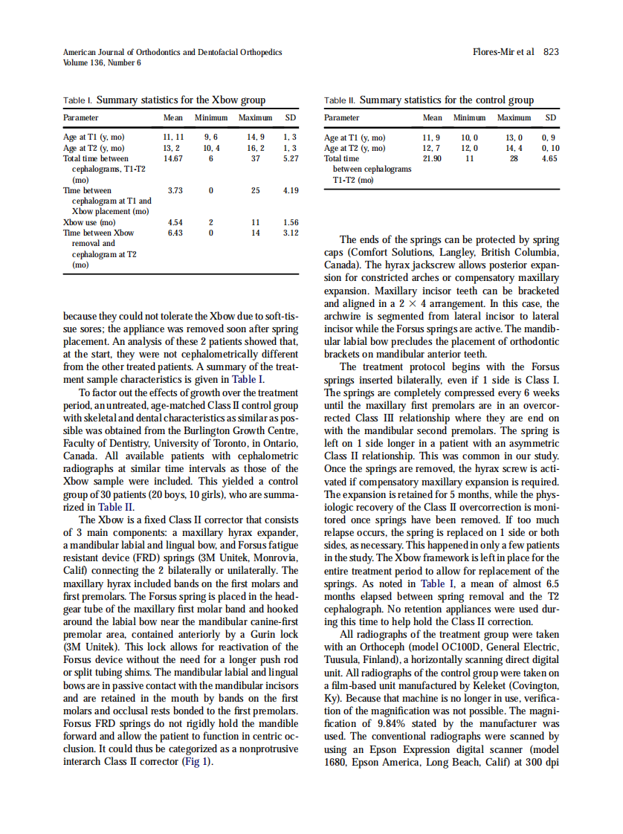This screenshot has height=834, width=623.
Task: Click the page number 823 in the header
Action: tap(551, 52)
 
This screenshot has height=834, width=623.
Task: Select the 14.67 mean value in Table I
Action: tap(172, 158)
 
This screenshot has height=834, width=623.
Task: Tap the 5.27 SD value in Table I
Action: tap(291, 158)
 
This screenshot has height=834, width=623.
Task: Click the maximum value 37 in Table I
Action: tap(255, 158)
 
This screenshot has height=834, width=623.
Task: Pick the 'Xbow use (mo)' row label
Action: tap(89, 222)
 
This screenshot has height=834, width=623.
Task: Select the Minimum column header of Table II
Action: tap(469, 118)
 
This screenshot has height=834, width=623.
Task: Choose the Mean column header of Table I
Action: tap(172, 118)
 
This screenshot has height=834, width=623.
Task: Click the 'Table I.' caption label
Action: tap(78, 100)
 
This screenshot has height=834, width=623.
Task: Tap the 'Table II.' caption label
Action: tap(340, 100)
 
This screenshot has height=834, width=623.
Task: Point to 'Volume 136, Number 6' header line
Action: tap(103, 62)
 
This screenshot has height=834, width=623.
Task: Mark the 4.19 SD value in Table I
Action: tap(291, 190)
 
